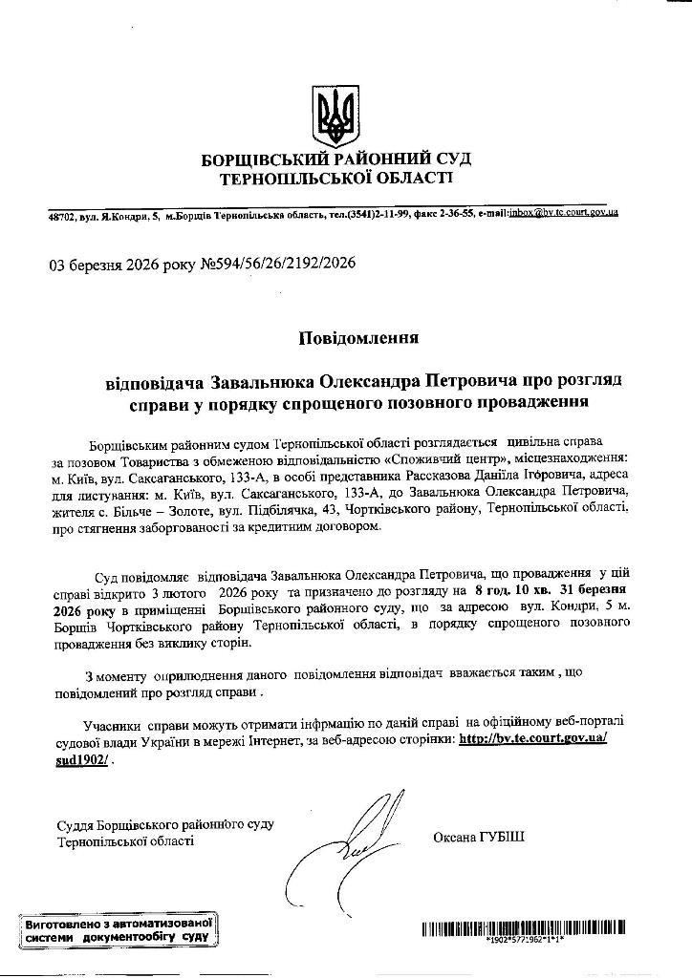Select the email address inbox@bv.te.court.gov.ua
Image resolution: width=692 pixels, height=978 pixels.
point(564,212)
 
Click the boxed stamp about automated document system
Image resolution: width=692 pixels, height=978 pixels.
point(118,929)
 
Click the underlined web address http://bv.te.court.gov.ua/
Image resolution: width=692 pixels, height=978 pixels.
point(532,739)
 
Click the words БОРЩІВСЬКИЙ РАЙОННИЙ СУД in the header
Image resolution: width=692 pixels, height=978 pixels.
point(335,159)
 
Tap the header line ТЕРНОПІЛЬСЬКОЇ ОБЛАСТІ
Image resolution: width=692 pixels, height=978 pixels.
point(337,179)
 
